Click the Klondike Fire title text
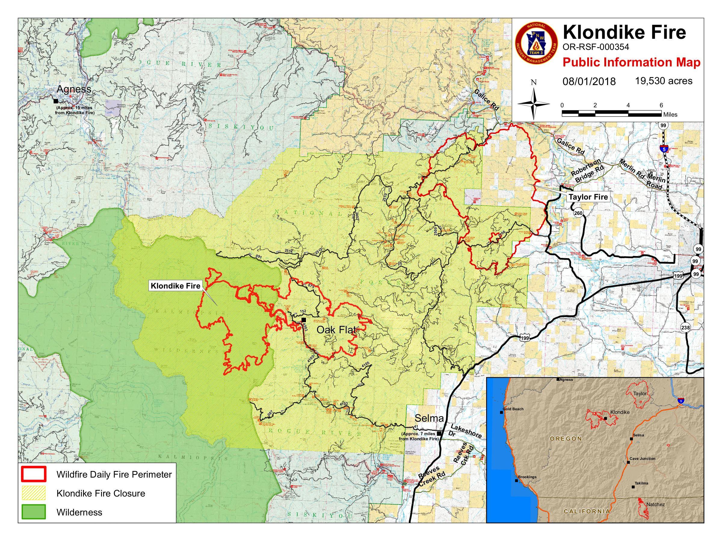pos(625,32)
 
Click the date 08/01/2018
pos(589,81)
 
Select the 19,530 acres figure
pos(664,81)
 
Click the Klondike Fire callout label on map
pos(175,286)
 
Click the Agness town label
pos(74,89)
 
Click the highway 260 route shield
pos(578,213)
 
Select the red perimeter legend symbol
pos(33,475)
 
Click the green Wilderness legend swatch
pos(33,512)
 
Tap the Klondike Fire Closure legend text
pos(100,494)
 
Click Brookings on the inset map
pos(527,477)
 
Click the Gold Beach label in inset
pos(513,409)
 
